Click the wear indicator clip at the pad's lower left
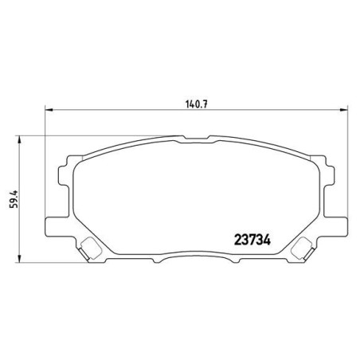pos(91,248)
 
